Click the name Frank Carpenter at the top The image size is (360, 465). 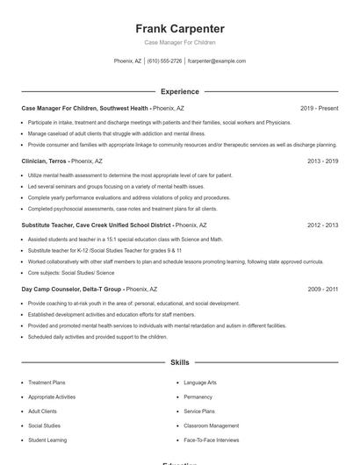(x=180, y=28)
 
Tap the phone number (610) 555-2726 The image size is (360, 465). (x=165, y=61)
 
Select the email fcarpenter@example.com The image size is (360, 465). (x=217, y=61)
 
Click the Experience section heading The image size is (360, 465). (x=180, y=91)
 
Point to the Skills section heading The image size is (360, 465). (x=180, y=361)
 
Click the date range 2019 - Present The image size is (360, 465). (x=319, y=108)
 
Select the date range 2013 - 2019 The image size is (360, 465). (x=322, y=161)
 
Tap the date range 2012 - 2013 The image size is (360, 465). (x=322, y=225)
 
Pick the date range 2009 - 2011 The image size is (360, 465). (x=322, y=289)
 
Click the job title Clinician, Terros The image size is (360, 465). (x=44, y=161)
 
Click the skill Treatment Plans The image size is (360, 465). (x=47, y=383)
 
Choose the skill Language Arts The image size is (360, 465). (x=200, y=383)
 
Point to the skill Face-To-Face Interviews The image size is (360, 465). (x=211, y=440)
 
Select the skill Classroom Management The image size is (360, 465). (x=212, y=426)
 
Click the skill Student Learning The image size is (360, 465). (x=47, y=440)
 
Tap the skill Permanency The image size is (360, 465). (x=198, y=397)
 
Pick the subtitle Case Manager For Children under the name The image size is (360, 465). (x=180, y=42)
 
